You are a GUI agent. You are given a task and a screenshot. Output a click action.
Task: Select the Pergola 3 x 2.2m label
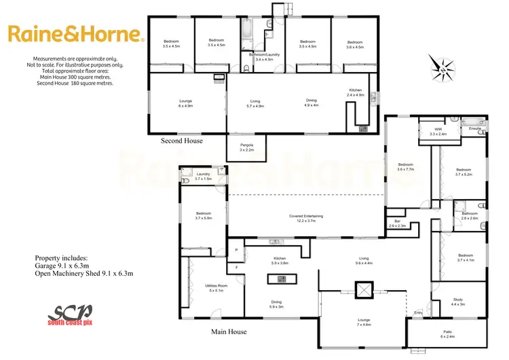tap(246, 147)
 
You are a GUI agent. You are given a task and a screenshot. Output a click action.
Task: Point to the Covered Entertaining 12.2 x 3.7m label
tap(305, 217)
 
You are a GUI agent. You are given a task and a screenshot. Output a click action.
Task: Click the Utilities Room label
tap(215, 289)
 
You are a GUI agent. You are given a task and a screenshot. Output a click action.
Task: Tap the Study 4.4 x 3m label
tap(457, 303)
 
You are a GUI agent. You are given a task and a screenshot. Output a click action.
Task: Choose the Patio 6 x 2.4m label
tap(447, 333)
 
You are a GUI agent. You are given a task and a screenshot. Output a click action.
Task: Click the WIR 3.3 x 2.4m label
tap(438, 132)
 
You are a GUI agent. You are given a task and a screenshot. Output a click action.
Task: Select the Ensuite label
tap(474, 128)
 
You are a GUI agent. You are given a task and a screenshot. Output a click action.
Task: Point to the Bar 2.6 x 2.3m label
tap(397, 223)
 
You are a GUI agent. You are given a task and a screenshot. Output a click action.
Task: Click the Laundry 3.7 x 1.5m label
tap(203, 177)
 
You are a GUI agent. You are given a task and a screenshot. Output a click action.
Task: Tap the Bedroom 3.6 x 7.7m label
tap(405, 166)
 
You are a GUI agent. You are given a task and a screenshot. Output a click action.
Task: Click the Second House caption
tap(181, 141)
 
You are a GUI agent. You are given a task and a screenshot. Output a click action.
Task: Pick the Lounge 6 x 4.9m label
tap(185, 104)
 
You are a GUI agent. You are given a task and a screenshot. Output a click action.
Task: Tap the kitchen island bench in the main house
tap(280, 278)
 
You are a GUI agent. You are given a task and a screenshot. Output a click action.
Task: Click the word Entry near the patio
tap(418, 312)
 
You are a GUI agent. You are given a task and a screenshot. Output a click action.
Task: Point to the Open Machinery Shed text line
tap(83, 274)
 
